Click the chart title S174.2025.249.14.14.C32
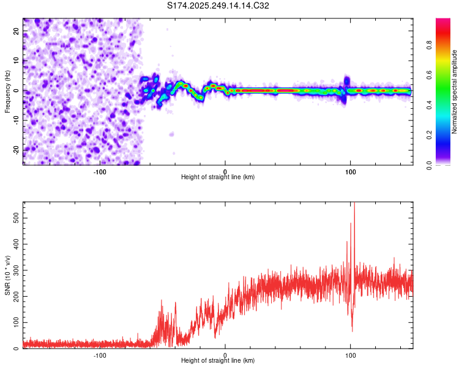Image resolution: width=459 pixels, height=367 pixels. click(x=218, y=6)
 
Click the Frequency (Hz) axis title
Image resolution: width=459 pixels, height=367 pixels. click(x=7, y=91)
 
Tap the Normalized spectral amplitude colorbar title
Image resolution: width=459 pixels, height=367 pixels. click(x=455, y=92)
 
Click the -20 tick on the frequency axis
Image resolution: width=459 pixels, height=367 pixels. click(x=15, y=149)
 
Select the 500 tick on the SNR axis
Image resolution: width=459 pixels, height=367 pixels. click(x=14, y=218)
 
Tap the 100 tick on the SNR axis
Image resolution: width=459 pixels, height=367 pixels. click(x=14, y=322)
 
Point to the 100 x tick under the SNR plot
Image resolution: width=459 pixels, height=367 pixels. click(x=350, y=355)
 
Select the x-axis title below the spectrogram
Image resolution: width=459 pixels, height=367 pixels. click(x=218, y=177)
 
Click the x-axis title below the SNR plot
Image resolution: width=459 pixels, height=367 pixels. click(x=218, y=361)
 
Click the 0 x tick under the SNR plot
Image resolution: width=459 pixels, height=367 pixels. click(x=225, y=355)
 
